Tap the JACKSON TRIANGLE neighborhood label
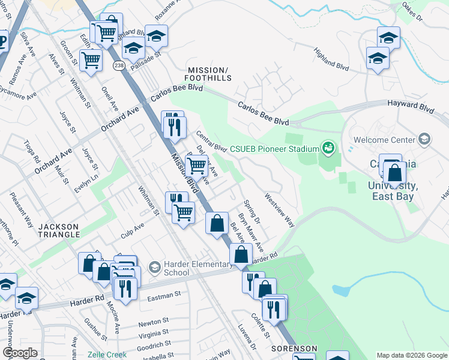click(59, 231)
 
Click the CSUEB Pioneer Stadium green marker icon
click(328, 147)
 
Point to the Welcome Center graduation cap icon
click(424, 140)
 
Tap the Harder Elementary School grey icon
click(154, 266)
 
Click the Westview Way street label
click(280, 209)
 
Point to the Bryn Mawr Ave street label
click(251, 231)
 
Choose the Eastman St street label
click(165, 295)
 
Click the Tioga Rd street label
click(32, 152)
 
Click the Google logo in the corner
click(20, 353)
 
